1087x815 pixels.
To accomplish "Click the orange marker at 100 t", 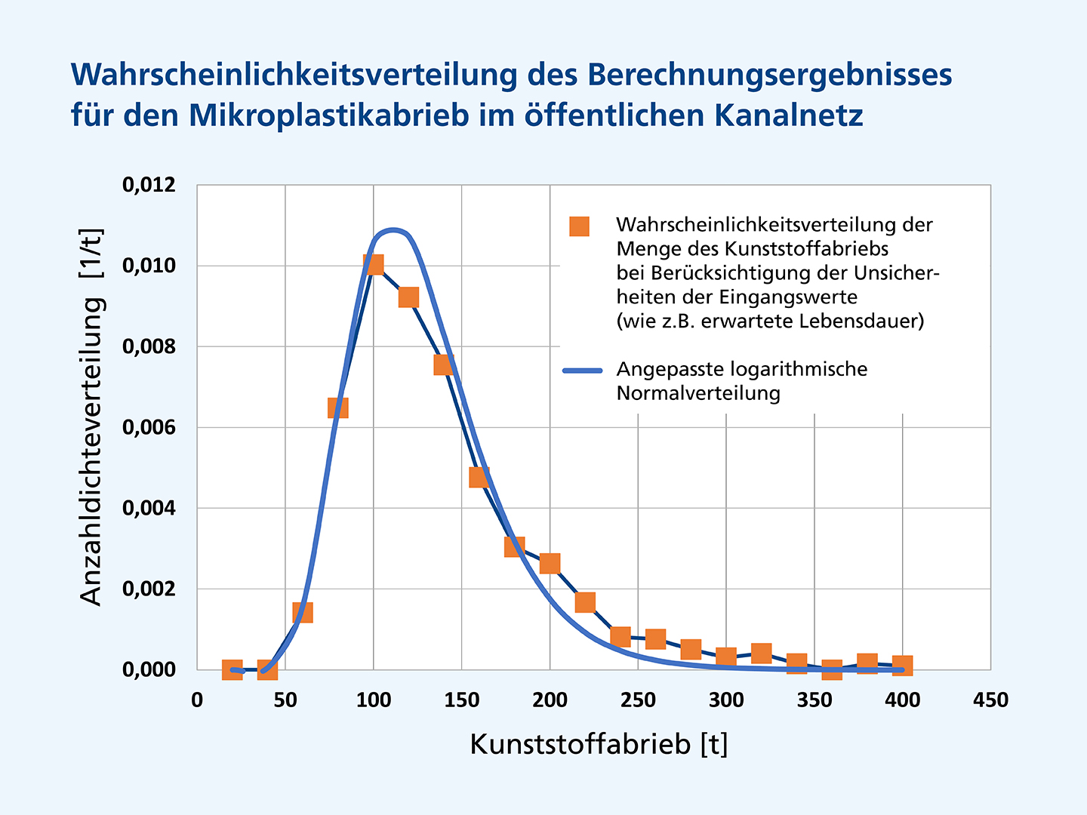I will (x=373, y=264).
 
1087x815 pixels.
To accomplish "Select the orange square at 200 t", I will (x=550, y=563).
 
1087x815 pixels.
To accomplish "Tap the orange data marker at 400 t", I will (x=902, y=666).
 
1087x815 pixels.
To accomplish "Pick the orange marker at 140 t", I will (x=444, y=364).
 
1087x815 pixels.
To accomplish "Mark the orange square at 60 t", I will (x=303, y=612).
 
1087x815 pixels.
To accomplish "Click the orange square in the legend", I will (x=579, y=226).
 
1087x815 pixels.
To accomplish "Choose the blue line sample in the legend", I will (x=583, y=371).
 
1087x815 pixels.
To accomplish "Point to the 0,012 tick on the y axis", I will (x=149, y=185).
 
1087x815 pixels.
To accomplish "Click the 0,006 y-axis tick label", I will (x=149, y=427).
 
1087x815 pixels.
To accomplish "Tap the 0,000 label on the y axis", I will (x=149, y=669).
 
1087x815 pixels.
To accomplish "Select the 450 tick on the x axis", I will (x=990, y=700).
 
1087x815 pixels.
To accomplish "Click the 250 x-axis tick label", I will (x=638, y=700).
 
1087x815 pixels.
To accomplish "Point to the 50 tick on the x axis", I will (x=285, y=700).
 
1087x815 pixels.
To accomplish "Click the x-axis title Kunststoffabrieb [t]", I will (x=599, y=744).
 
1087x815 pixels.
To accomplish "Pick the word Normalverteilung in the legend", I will (x=698, y=393).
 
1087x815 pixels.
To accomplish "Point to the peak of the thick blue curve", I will (x=392, y=229).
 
